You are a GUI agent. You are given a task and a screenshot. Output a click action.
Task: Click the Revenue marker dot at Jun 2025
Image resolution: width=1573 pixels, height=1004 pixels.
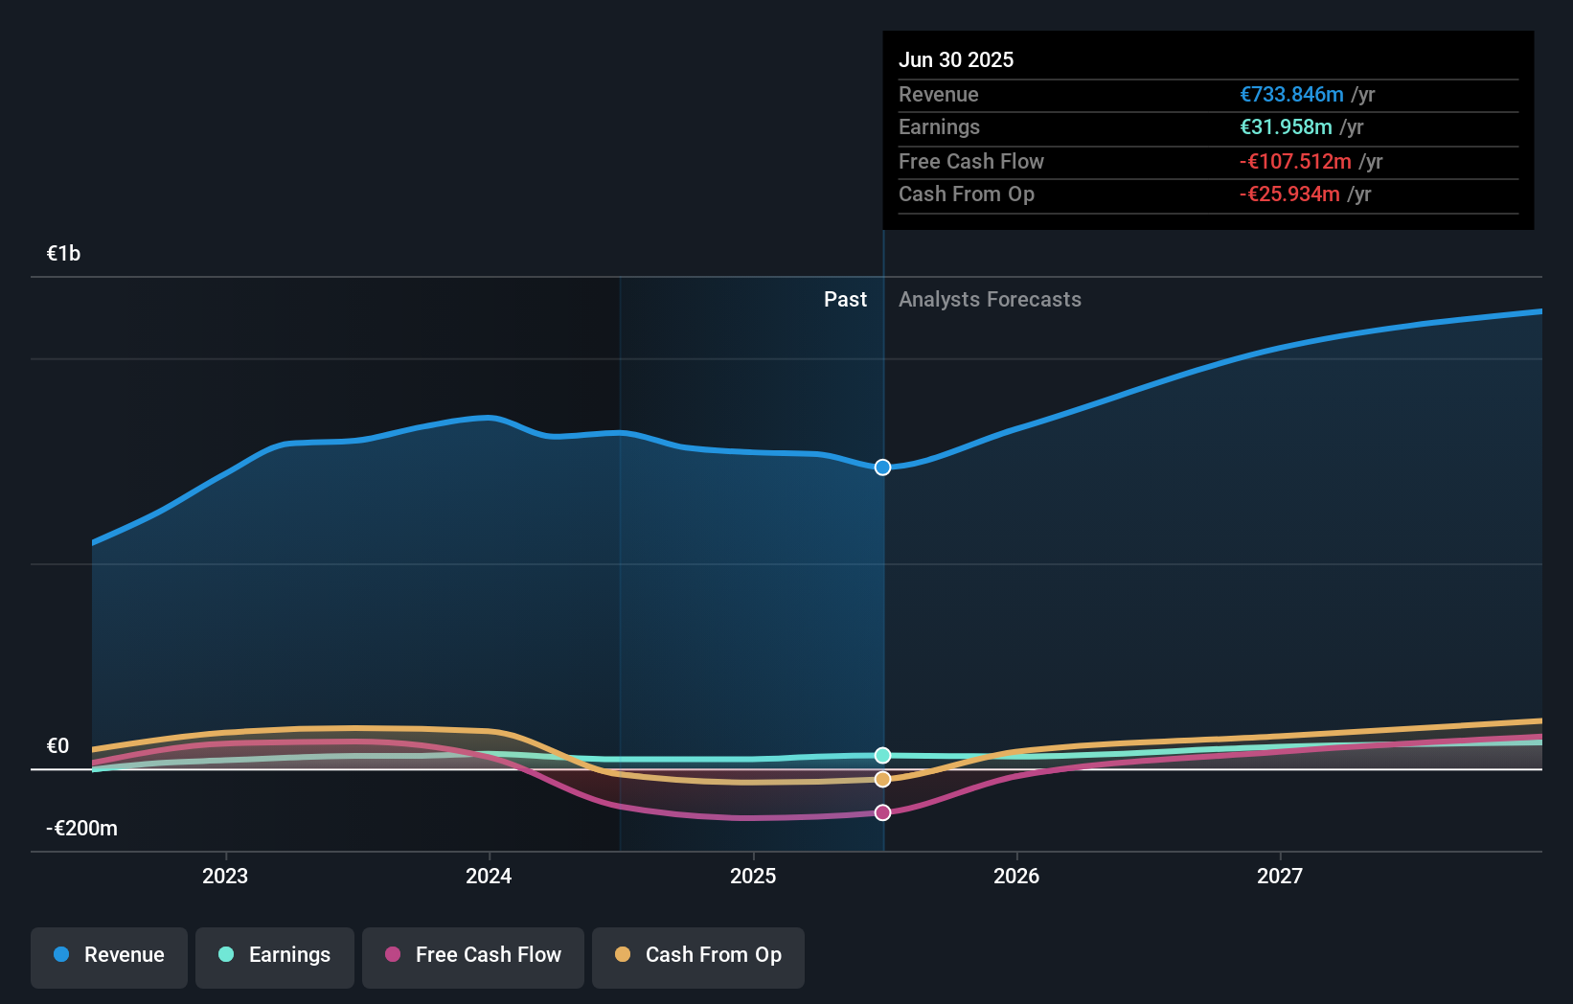point(882,468)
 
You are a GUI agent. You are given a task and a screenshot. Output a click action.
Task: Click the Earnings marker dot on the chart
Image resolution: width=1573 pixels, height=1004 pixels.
point(882,756)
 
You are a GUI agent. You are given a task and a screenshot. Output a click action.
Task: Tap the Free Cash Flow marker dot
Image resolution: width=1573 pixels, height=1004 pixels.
point(882,812)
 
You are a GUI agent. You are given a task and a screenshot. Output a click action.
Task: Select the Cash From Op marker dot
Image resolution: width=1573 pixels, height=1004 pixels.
point(882,780)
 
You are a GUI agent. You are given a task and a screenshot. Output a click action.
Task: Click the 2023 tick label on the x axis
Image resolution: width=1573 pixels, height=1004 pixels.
point(225,876)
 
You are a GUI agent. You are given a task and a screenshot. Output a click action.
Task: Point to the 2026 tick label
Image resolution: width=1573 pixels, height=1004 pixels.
point(1016,876)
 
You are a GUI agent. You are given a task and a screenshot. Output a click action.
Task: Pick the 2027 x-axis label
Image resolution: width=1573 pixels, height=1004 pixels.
point(1280,876)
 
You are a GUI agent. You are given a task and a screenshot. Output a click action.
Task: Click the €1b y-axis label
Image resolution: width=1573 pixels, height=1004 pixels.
point(63,254)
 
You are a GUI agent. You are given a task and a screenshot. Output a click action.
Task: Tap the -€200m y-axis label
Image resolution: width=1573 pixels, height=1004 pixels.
point(81,829)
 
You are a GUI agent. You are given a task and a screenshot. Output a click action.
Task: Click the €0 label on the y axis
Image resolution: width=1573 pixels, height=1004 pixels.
point(57,746)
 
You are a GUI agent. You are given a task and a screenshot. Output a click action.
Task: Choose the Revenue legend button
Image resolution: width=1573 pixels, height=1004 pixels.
point(109,955)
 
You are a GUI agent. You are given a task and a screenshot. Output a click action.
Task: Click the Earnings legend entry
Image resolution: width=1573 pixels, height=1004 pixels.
point(275,955)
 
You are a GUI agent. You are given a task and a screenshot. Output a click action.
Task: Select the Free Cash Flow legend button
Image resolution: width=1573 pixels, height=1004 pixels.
point(473,955)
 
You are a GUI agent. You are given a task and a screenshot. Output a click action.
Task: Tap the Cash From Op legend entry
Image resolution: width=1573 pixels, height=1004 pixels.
point(698,955)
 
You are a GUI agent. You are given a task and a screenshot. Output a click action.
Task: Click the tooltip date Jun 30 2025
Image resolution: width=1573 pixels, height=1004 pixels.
point(956,59)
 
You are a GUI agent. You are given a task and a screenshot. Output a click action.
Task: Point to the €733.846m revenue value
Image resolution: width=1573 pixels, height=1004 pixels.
point(1291,94)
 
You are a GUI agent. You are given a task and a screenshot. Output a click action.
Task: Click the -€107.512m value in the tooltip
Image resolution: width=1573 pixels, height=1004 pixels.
point(1295,161)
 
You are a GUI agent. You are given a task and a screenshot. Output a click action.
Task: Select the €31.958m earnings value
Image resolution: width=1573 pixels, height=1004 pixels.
point(1286,127)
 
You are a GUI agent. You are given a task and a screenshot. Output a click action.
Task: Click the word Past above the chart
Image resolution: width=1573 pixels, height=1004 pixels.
point(845,300)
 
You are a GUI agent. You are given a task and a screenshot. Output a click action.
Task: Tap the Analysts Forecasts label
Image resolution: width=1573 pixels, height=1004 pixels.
point(990,300)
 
